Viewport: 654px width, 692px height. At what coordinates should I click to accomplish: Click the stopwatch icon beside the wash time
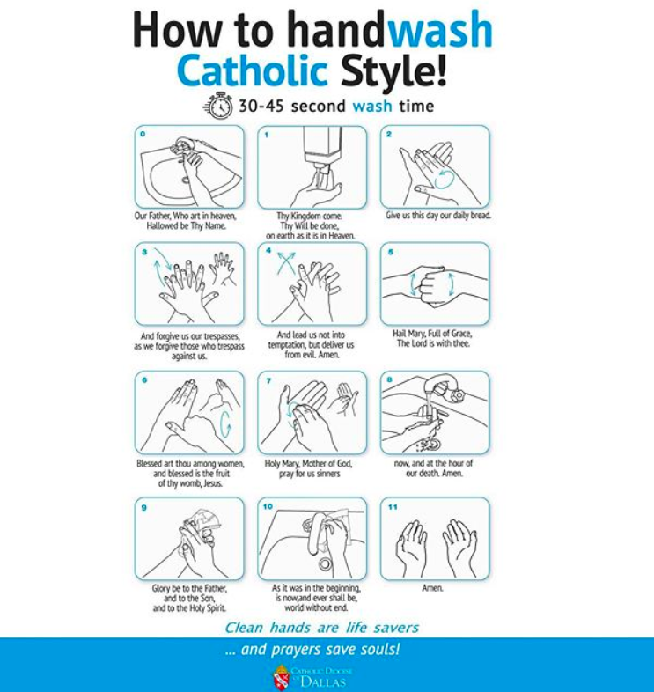point(218,106)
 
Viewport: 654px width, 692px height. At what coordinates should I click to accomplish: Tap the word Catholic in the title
point(253,70)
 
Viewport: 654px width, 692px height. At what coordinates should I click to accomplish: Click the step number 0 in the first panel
point(143,134)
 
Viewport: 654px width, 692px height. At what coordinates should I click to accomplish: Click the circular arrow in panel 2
point(444,180)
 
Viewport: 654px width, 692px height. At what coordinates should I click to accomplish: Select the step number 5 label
point(391,252)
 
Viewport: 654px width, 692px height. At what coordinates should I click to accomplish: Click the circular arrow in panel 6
point(225,424)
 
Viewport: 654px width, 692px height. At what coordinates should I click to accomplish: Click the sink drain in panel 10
point(325,563)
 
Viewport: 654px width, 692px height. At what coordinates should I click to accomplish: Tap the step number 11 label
point(393,507)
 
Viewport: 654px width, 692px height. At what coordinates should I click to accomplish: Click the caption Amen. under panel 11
point(432,588)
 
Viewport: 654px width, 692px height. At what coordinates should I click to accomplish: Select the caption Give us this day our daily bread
point(438,216)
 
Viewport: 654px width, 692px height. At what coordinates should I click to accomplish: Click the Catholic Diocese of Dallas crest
point(281,677)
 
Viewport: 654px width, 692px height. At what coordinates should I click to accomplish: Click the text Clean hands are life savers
point(321,628)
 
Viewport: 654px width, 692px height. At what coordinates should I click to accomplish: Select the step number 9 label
point(143,507)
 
